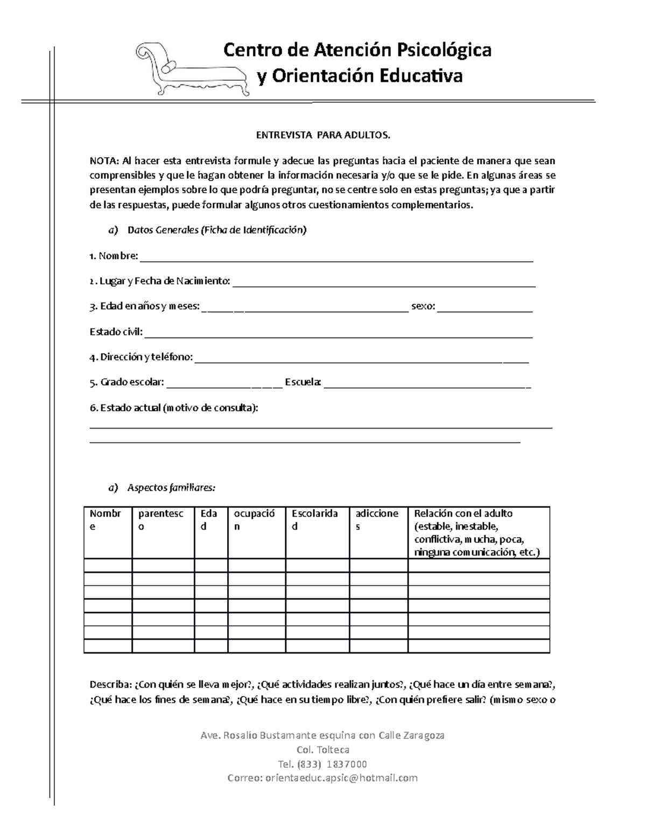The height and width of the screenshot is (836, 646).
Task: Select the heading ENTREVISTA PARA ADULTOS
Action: click(322, 135)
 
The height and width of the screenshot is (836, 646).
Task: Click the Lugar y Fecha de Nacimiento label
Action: click(160, 281)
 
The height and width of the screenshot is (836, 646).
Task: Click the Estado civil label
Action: click(116, 332)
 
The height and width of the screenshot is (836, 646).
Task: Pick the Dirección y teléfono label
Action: click(141, 357)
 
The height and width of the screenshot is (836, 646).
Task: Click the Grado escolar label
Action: click(127, 382)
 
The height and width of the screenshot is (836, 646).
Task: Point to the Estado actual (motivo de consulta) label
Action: click(174, 408)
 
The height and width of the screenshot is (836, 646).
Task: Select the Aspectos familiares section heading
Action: click(171, 488)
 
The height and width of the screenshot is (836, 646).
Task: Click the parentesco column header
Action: click(160, 520)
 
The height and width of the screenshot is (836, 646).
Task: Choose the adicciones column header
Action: click(377, 520)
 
